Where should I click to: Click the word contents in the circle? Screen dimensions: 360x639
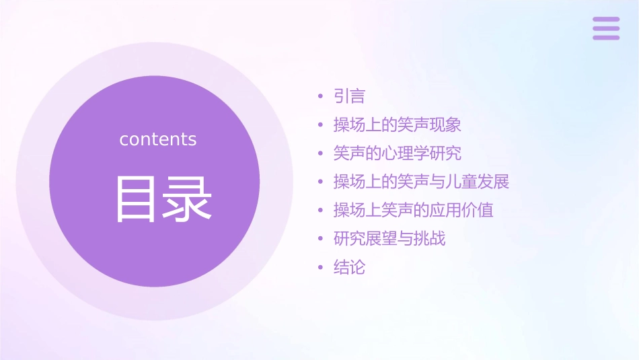pyautogui.click(x=158, y=139)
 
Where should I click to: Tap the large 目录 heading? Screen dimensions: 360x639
pyautogui.click(x=164, y=199)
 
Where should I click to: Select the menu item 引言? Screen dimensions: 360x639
pyautogui.click(x=349, y=96)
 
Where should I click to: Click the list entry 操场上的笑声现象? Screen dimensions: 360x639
pyautogui.click(x=397, y=124)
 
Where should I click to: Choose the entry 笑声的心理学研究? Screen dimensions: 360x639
pyautogui.click(x=397, y=153)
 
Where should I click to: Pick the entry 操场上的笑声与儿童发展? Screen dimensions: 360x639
pyautogui.click(x=421, y=182)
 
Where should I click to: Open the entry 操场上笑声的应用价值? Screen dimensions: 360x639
pyautogui.click(x=413, y=210)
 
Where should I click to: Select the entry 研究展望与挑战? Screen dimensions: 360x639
pyautogui.click(x=389, y=238)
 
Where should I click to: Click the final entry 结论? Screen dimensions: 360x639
pyautogui.click(x=349, y=267)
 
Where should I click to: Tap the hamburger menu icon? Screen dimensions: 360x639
pyautogui.click(x=606, y=28)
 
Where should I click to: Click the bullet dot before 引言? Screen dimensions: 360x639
pyautogui.click(x=321, y=97)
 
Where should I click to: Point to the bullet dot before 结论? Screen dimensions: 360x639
pyautogui.click(x=321, y=268)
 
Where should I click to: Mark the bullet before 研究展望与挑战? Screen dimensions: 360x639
pyautogui.click(x=321, y=239)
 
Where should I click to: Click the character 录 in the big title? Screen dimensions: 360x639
pyautogui.click(x=189, y=199)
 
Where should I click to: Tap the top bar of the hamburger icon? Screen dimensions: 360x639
pyautogui.click(x=606, y=20)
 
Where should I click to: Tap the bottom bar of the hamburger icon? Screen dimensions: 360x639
pyautogui.click(x=606, y=37)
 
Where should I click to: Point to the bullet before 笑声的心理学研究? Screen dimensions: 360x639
pyautogui.click(x=321, y=154)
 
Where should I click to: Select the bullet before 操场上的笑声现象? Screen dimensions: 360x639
pyautogui.click(x=321, y=125)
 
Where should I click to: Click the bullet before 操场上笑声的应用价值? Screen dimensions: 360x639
pyautogui.click(x=321, y=211)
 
